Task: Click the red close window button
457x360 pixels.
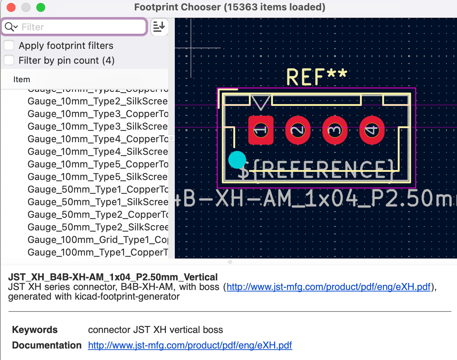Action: coord(11,7)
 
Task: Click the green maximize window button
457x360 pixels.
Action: coord(41,7)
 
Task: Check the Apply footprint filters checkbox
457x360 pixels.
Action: coord(9,46)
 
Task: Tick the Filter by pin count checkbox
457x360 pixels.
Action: coord(9,60)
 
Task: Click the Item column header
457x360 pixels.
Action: coord(21,80)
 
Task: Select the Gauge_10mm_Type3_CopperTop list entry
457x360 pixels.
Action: coord(98,114)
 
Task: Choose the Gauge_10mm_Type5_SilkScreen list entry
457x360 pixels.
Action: coord(98,177)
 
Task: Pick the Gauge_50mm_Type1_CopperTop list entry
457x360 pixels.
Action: coord(98,190)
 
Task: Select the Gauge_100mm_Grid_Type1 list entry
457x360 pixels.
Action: coord(98,240)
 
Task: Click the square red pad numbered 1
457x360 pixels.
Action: coord(261,130)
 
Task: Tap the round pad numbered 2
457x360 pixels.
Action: coord(298,130)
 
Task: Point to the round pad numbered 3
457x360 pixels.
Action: coord(335,130)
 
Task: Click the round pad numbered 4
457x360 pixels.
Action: coord(372,130)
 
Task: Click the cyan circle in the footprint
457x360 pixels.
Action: coord(237,160)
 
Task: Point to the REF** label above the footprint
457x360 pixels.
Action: coord(317,77)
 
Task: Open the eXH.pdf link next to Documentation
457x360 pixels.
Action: coord(190,346)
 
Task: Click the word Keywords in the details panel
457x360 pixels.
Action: coord(35,330)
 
